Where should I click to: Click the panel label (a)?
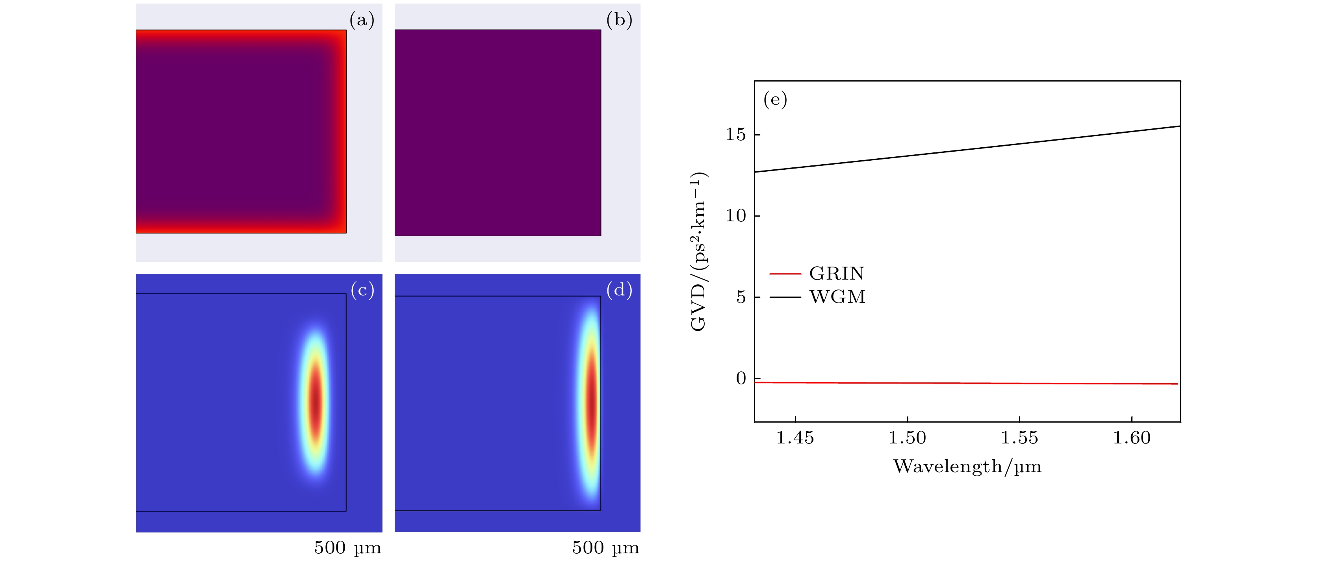pos(362,20)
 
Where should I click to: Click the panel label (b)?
pos(619,20)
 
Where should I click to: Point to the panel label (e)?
pos(775,99)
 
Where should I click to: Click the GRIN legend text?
pos(837,274)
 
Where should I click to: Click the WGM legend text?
pos(837,297)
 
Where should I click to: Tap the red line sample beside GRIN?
pos(785,274)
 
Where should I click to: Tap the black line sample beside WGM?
pos(785,297)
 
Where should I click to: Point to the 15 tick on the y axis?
pos(736,134)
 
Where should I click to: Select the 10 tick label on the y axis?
pos(736,216)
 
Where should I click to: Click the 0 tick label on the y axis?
pos(741,378)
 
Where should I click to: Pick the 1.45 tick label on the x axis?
pos(795,438)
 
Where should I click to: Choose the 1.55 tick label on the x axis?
pos(1019,438)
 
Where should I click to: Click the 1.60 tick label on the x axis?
pos(1132,438)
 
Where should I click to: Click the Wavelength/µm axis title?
pos(967,466)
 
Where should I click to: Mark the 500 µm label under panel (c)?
pos(347,548)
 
